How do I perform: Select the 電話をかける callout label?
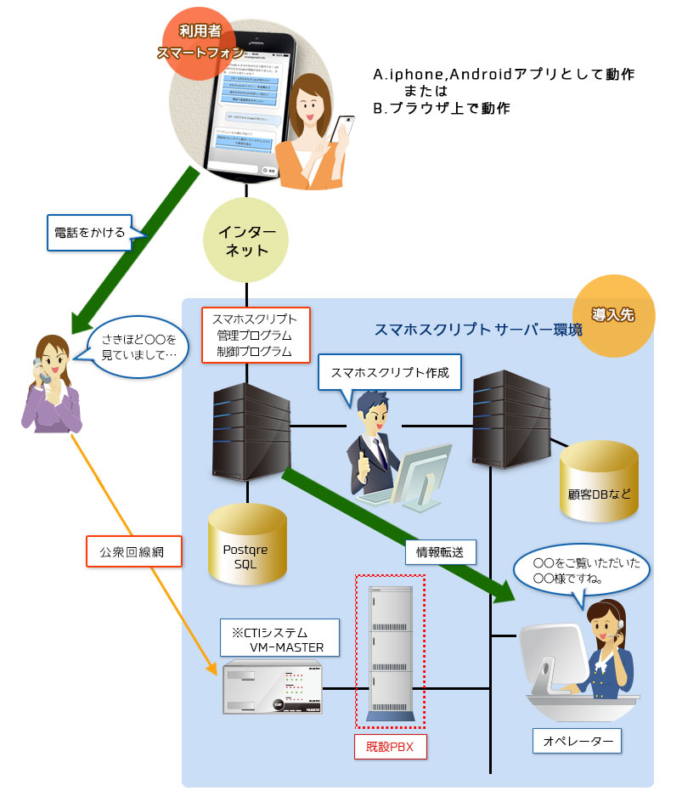coord(87,231)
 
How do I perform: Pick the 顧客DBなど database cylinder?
coord(599,480)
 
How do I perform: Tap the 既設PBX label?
coord(390,747)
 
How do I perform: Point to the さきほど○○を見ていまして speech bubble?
coord(137,344)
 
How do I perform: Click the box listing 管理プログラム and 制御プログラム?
coord(255,334)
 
